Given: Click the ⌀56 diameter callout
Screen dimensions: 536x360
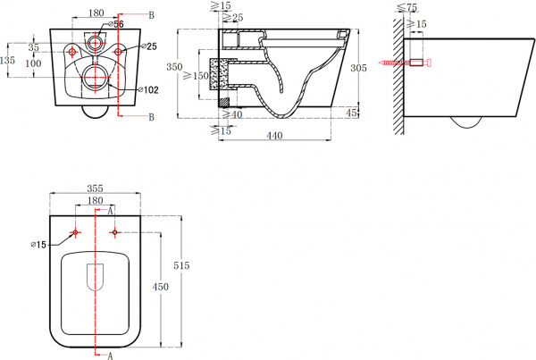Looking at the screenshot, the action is (116, 24).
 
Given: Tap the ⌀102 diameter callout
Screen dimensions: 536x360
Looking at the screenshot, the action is (148, 90).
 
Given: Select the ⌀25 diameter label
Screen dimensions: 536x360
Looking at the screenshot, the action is (149, 46).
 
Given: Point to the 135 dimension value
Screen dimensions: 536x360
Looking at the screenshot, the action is (7, 61).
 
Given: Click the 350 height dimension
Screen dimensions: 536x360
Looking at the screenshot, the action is (174, 67).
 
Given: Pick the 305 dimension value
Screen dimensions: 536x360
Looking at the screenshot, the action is (358, 68).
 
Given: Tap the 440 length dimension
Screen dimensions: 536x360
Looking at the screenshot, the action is (274, 136).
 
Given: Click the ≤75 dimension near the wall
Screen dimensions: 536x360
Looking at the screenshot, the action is (408, 7).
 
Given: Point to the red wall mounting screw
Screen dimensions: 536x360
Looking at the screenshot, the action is (405, 63).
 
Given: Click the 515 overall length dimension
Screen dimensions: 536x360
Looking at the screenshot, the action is (181, 265).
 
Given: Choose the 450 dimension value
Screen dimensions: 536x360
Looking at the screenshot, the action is (160, 287).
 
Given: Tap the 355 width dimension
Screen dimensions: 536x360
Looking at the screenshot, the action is (95, 188).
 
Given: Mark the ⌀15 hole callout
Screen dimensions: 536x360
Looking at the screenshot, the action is (38, 245).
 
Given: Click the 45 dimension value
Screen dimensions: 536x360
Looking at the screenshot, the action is (351, 113).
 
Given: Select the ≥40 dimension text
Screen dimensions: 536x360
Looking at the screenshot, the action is (232, 114).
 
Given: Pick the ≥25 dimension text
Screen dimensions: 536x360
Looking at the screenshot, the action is (233, 18).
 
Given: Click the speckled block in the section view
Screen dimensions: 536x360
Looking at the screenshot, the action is (214, 74).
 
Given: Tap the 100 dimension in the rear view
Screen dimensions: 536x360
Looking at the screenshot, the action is (33, 63).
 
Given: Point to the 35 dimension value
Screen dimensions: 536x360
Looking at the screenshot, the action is (34, 47).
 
